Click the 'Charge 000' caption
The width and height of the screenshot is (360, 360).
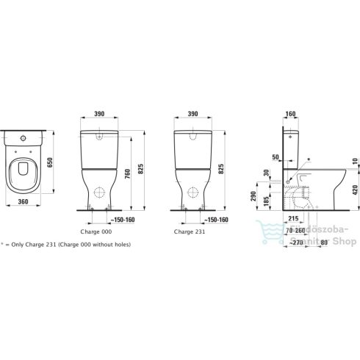(96, 230)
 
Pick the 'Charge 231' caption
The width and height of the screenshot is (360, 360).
(190, 230)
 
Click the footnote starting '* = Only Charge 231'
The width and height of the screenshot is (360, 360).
(66, 244)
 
